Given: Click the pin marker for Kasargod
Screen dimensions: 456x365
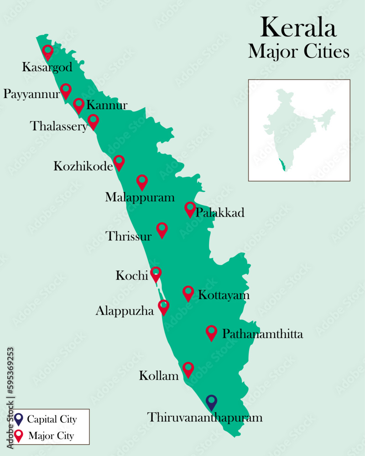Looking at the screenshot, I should click(x=47, y=52).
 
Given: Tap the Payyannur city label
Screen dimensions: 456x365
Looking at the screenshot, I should click(x=31, y=94).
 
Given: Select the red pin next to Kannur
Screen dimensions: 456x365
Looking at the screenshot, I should click(x=78, y=105).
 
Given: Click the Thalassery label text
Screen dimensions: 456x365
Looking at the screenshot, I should click(x=58, y=126).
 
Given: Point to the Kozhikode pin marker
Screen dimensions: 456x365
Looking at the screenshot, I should click(x=119, y=162).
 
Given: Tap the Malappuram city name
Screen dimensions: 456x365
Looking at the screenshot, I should click(x=140, y=197).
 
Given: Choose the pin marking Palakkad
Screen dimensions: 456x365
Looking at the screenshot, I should click(x=190, y=209).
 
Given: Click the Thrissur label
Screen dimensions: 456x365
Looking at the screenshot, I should click(x=128, y=236).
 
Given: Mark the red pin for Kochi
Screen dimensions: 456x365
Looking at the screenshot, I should click(x=156, y=274).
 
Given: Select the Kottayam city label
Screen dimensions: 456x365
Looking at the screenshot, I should click(x=224, y=295).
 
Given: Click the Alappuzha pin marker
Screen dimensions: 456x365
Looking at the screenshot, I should click(x=163, y=307).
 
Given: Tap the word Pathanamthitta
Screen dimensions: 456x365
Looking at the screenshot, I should click(x=262, y=334).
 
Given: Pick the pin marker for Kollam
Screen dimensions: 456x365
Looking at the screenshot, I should click(x=188, y=369).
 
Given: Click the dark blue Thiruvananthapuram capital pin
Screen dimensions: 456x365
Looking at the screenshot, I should click(x=211, y=402).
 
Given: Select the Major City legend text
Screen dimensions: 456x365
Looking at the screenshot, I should click(x=51, y=436).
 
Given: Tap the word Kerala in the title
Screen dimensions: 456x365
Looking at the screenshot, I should click(x=298, y=27).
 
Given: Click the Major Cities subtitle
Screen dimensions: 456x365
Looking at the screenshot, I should click(x=299, y=52).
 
